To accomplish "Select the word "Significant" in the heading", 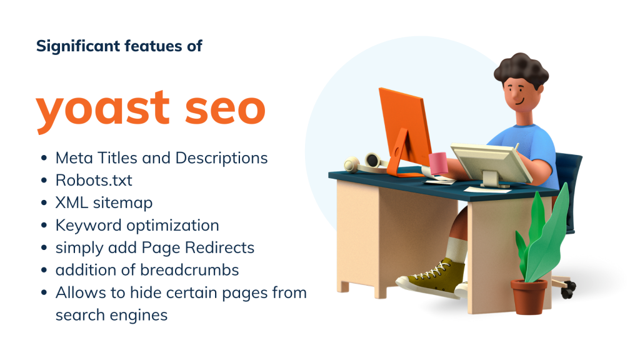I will (69, 46).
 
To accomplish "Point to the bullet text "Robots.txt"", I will (94, 181).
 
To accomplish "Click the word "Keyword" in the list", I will (84, 225).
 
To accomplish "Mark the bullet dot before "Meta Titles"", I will (43, 159).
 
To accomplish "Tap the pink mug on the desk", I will (437, 163).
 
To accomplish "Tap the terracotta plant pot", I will (529, 297).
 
